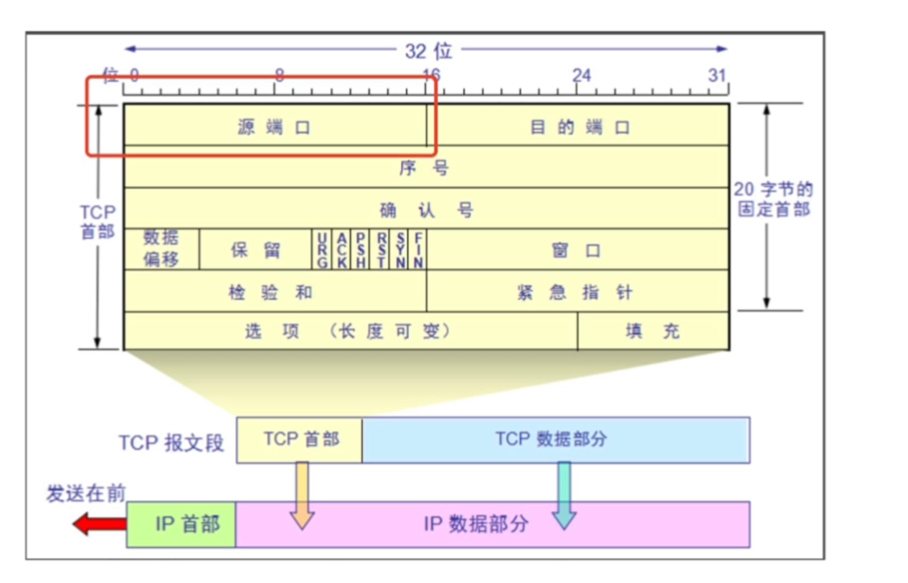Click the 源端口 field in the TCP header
pos(275,127)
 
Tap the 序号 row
pos(426,168)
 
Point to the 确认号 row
pos(426,210)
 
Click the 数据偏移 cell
pos(161,249)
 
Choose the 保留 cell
pos(255,250)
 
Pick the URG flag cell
pos(322,250)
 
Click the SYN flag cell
pos(400,250)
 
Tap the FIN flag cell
pos(418,250)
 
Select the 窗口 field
pos(577,250)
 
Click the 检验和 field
pos(275,291)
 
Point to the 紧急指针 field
pos(577,291)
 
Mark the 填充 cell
pos(653,331)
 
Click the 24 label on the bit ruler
pos(581,75)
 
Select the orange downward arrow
pos(303,495)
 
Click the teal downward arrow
pos(564,495)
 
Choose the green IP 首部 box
pos(181,524)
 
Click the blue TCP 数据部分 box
pos(555,439)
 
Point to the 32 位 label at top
pos(428,50)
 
